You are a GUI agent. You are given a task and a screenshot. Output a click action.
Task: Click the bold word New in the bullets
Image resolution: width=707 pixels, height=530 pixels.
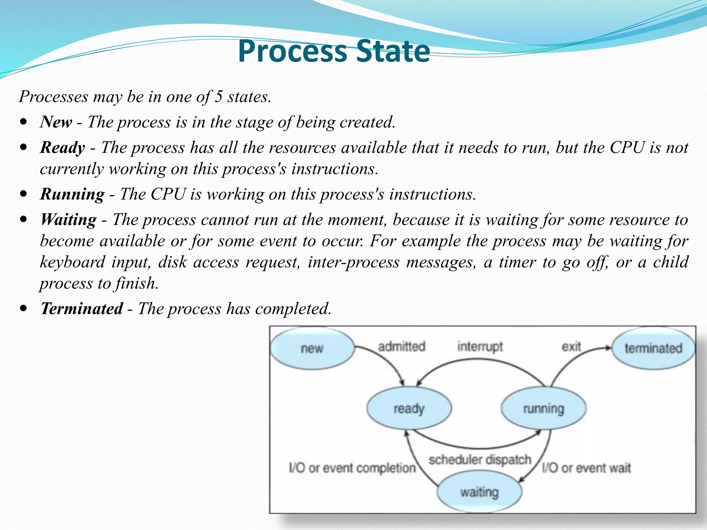(x=56, y=122)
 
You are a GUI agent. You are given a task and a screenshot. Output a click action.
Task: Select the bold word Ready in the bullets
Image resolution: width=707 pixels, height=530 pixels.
(x=62, y=148)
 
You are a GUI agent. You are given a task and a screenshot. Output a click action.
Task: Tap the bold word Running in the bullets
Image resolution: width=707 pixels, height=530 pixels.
(x=72, y=194)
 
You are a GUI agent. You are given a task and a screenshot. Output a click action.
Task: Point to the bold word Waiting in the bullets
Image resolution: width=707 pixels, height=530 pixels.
(x=68, y=220)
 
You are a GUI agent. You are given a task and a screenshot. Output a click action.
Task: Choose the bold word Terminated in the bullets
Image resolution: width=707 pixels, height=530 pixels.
(x=81, y=308)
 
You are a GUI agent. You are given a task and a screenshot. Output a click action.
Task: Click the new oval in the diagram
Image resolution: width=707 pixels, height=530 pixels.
(x=312, y=348)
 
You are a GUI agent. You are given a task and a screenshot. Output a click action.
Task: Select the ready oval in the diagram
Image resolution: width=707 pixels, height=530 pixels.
(x=409, y=409)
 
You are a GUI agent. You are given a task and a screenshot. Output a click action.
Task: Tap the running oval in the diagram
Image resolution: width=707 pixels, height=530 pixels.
(x=543, y=409)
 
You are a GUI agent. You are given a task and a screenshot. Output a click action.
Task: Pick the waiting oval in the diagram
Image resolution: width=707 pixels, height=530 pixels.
(x=479, y=492)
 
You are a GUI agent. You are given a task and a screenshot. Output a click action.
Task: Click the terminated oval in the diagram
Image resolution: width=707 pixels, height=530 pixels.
(x=653, y=348)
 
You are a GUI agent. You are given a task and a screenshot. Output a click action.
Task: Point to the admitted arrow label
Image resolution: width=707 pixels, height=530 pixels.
(x=402, y=346)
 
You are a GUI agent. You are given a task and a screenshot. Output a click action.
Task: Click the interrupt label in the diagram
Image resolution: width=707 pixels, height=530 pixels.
(x=480, y=346)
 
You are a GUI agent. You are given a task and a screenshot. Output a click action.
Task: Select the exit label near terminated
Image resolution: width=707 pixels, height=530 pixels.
(x=571, y=346)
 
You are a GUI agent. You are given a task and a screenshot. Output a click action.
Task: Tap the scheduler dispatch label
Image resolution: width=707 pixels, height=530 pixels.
(x=480, y=460)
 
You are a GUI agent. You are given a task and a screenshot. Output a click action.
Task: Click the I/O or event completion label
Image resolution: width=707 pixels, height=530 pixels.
(x=352, y=468)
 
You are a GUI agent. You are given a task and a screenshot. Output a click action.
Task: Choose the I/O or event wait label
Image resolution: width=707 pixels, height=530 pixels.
(x=586, y=468)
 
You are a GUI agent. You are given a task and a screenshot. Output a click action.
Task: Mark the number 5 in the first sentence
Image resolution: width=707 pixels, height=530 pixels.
(x=218, y=97)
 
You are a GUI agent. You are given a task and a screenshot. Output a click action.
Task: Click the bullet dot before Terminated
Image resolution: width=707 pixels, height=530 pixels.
(x=23, y=308)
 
